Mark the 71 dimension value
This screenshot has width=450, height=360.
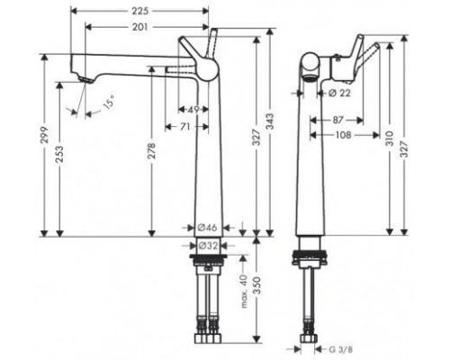pyautogui.click(x=184, y=127)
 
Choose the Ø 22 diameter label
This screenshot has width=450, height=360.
pyautogui.click(x=337, y=92)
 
